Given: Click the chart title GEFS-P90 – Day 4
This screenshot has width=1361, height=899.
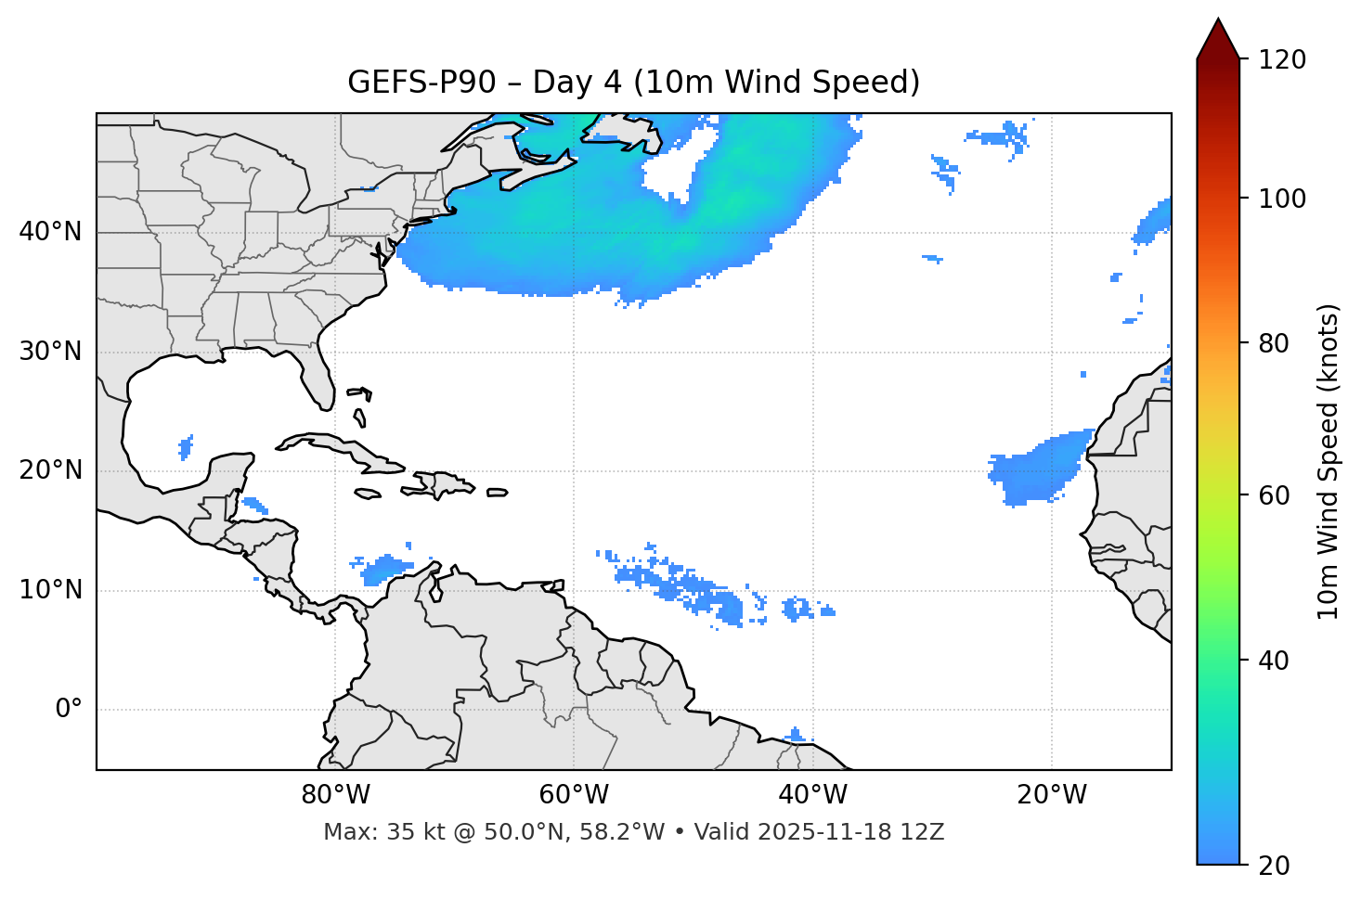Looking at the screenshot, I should (x=633, y=83).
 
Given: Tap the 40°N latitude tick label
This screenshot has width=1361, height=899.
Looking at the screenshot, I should (x=50, y=232).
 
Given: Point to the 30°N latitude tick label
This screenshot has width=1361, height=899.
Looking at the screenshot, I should (x=50, y=352).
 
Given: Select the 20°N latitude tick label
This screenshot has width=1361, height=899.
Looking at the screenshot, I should (x=50, y=471).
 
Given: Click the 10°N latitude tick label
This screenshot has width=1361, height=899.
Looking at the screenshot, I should (x=50, y=591).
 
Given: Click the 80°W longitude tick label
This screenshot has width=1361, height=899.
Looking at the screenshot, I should (x=335, y=795).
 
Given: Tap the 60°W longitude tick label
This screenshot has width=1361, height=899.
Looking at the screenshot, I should (x=574, y=795).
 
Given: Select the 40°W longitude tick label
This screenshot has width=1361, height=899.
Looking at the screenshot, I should (x=813, y=795).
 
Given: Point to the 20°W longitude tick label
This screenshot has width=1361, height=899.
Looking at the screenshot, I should (x=1052, y=795).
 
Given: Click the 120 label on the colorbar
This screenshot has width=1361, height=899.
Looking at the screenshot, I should (x=1282, y=60).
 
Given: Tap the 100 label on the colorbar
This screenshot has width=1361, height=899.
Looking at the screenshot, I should (x=1282, y=199).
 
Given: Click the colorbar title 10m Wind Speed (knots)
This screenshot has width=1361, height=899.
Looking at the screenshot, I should (x=1329, y=461).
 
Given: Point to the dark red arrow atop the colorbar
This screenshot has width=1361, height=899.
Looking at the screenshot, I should (x=1218, y=40).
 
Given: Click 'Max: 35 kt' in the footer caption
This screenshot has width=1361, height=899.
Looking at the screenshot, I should (x=370, y=832).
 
